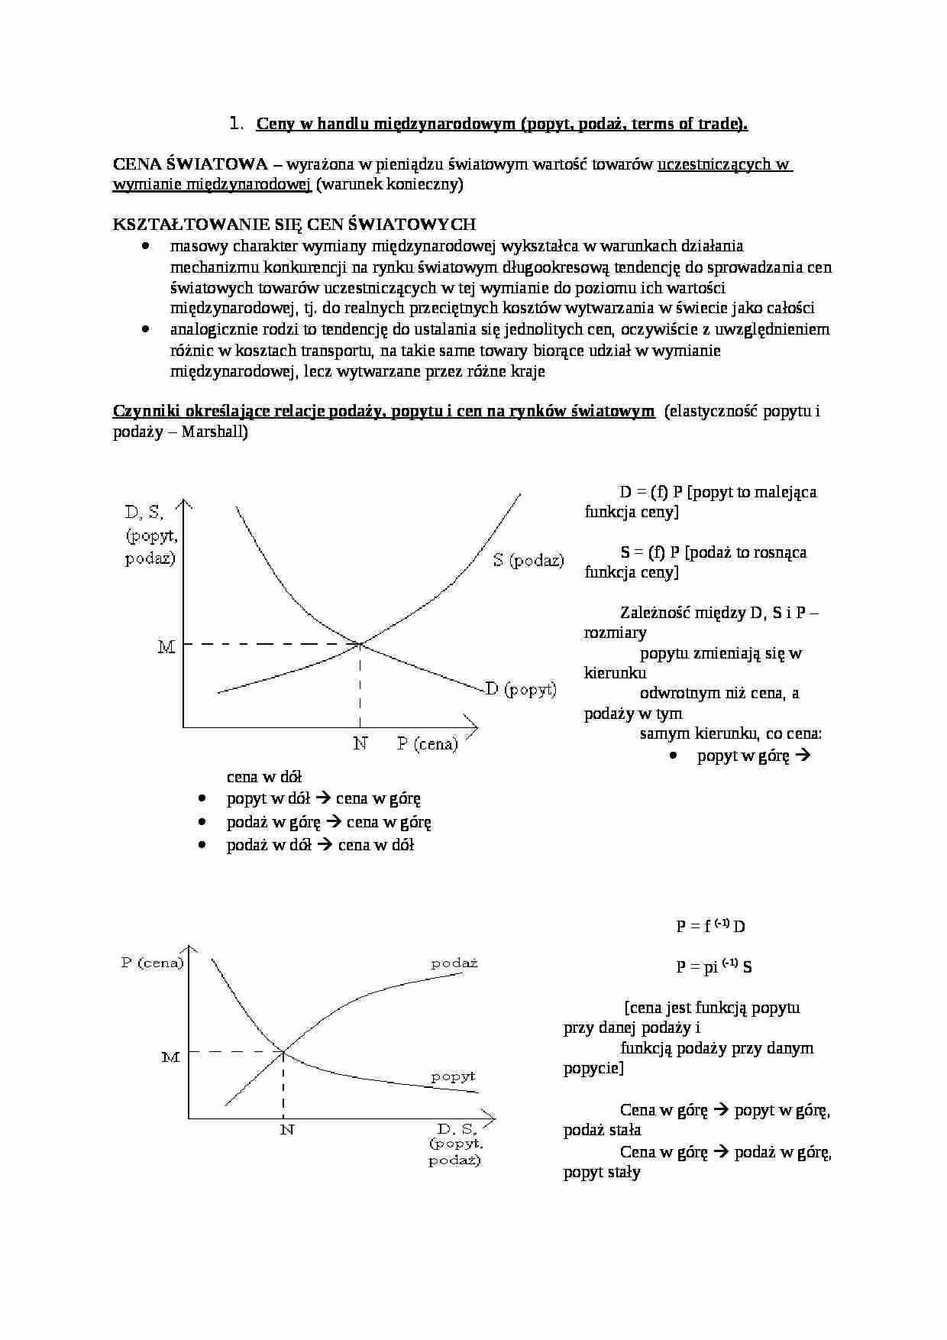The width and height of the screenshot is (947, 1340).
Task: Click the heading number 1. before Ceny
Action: (236, 124)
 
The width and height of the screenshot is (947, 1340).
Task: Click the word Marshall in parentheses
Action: (214, 432)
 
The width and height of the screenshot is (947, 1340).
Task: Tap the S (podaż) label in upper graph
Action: (528, 560)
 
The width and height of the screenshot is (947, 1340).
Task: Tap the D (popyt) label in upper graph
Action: (521, 689)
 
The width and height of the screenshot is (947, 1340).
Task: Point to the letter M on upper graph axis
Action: (166, 647)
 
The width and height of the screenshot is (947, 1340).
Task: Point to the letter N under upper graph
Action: (360, 743)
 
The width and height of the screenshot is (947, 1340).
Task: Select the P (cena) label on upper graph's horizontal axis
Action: (427, 743)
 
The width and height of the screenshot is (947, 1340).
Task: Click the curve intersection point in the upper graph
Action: (360, 644)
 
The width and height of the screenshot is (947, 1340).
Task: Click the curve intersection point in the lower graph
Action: (284, 1052)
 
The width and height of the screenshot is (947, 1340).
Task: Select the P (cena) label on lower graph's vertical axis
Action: (152, 963)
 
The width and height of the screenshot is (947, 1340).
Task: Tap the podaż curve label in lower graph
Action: (454, 963)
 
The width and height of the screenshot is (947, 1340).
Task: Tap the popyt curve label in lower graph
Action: (453, 1076)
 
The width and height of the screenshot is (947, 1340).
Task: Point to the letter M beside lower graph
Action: (170, 1057)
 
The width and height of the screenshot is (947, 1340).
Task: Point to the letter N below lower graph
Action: (286, 1129)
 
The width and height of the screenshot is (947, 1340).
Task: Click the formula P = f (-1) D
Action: (710, 926)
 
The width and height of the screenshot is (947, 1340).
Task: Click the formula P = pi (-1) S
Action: (713, 966)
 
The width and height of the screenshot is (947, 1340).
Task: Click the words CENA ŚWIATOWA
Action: (190, 164)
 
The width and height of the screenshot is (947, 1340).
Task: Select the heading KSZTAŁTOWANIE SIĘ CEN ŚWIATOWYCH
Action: (294, 225)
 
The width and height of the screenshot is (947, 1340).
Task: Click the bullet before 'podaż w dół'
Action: (202, 845)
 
